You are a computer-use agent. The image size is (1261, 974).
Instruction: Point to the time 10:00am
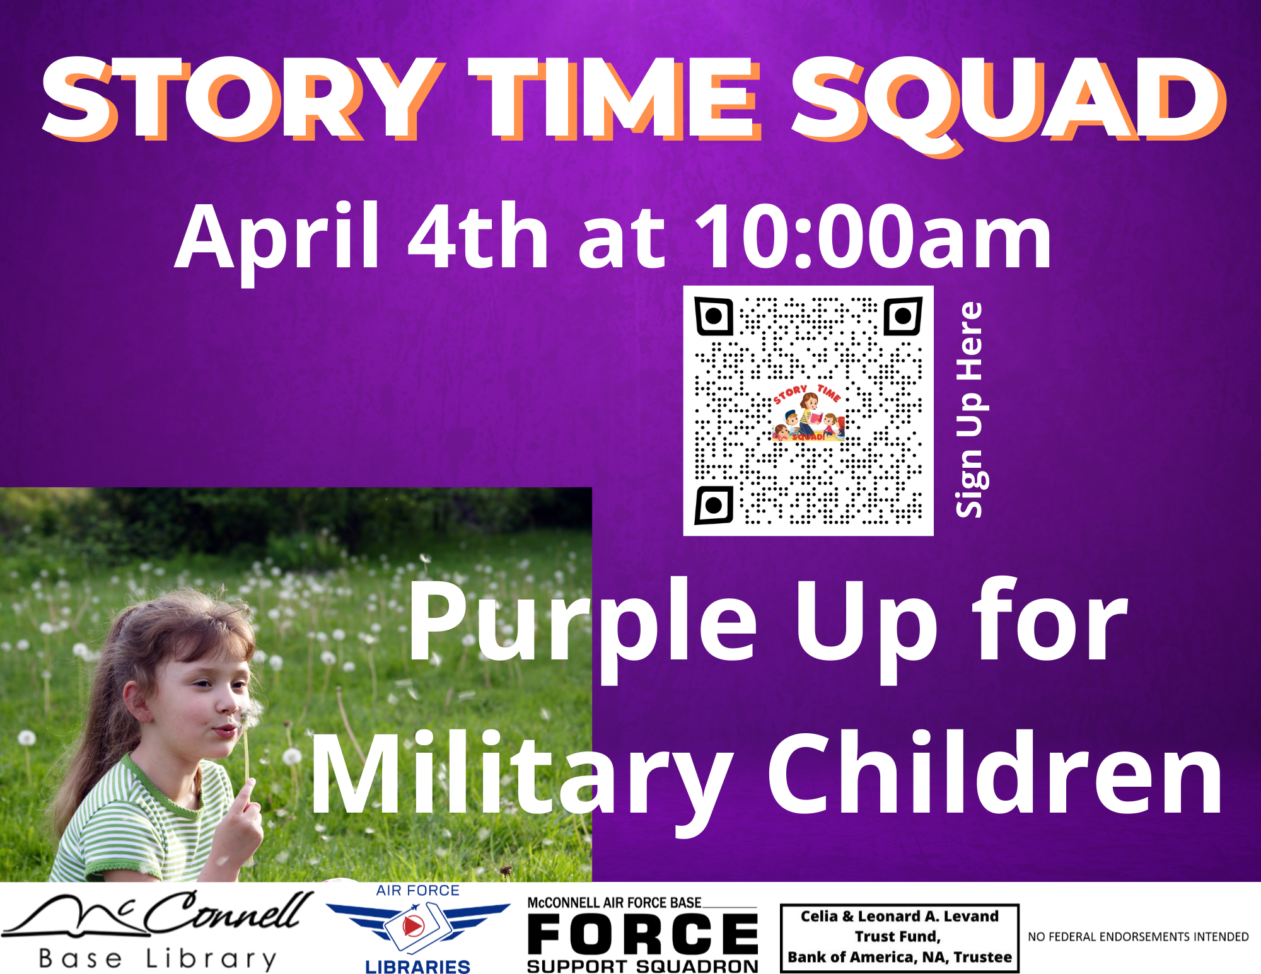coord(873,236)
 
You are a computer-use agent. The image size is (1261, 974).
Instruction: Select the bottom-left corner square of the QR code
coord(714,505)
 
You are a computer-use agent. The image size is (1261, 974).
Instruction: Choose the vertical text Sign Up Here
coord(970,410)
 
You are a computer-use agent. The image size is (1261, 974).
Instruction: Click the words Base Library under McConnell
coord(158,959)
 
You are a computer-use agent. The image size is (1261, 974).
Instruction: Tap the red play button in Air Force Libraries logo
coord(413,925)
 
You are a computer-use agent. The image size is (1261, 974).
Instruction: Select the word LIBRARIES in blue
coord(418,966)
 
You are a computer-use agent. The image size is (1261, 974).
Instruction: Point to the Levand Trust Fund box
coord(900,938)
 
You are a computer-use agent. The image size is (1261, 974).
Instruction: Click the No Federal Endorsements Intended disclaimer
coord(1138,937)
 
